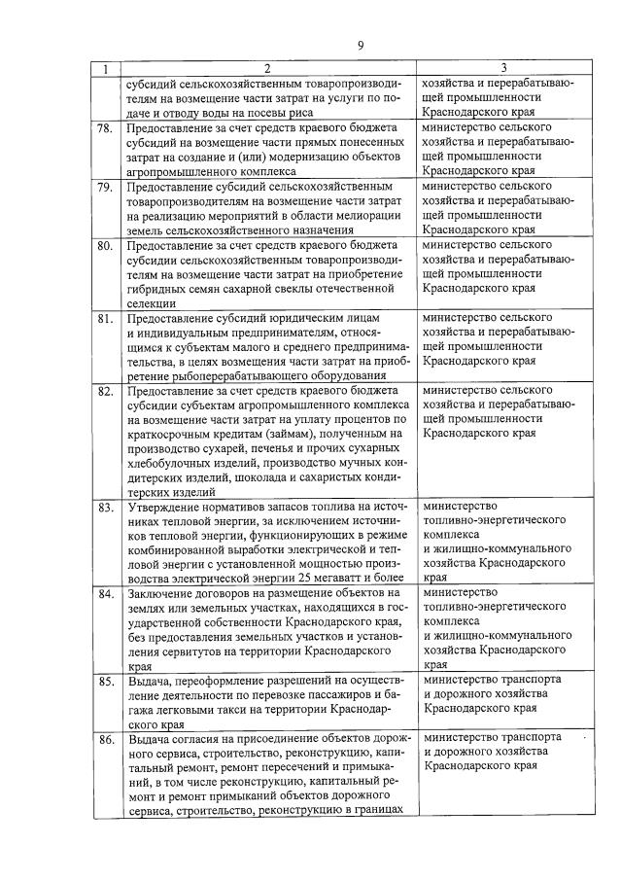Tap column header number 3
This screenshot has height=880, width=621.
(503, 69)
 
